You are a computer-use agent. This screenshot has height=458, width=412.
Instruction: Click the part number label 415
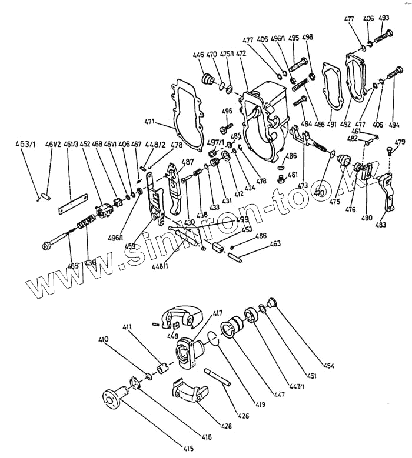[x=188, y=449]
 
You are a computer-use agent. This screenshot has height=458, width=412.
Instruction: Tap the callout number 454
[x=328, y=366]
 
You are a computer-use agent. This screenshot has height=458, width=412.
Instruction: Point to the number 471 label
[x=149, y=122]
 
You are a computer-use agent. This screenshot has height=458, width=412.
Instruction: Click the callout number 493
[x=384, y=18]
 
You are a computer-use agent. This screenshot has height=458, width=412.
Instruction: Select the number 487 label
[x=188, y=162]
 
